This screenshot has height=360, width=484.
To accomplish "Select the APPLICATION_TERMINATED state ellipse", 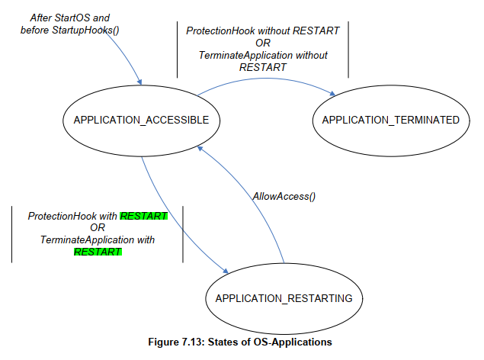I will tap(390, 120).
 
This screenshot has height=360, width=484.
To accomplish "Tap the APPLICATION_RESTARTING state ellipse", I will tap(284, 298).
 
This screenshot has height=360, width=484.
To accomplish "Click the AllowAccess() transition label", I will tap(284, 196).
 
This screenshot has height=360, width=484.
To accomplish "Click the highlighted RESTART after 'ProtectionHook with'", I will tap(143, 217).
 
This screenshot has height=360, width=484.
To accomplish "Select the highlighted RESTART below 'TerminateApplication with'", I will tap(98, 252).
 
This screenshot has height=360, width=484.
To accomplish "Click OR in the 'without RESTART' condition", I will tap(263, 43).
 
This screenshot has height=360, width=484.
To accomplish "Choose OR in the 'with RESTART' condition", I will tap(97, 228).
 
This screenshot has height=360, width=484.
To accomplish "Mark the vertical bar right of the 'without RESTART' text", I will tap(348, 50).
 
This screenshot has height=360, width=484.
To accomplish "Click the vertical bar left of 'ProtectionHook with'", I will tap(11, 233).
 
